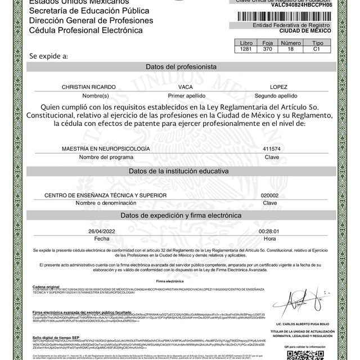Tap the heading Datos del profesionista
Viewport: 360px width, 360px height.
[x=181, y=66]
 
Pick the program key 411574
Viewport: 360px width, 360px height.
[x=271, y=148]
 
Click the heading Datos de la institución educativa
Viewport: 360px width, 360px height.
[x=181, y=170]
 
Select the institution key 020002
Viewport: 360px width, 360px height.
[x=271, y=194]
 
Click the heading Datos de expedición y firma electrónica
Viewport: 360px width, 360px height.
[x=181, y=215]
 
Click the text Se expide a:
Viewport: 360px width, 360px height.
[x=49, y=56]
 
